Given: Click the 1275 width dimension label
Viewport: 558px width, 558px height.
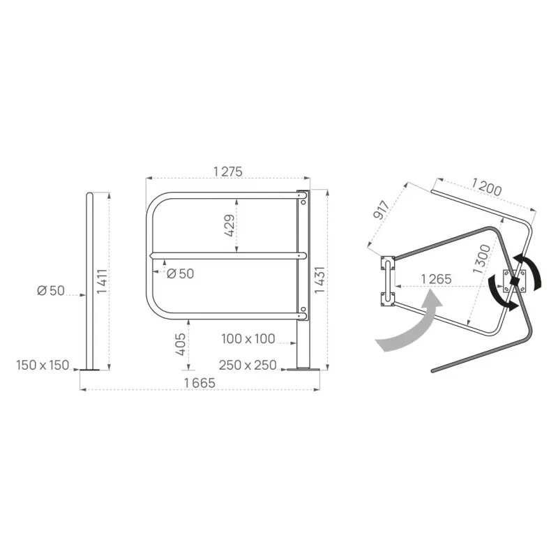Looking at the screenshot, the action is click(x=228, y=172).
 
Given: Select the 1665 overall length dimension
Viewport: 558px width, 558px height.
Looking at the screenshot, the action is click(x=199, y=383).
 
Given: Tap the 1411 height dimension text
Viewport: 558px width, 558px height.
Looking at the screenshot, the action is click(x=102, y=281).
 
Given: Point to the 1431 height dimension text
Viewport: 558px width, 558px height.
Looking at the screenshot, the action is click(x=320, y=280).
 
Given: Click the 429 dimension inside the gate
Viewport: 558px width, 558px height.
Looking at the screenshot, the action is click(x=229, y=225).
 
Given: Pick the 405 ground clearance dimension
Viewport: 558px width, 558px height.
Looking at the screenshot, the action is click(x=181, y=344).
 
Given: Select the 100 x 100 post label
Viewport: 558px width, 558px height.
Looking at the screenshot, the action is click(x=248, y=339).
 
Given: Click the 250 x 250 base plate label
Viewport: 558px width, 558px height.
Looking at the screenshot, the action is click(x=248, y=365).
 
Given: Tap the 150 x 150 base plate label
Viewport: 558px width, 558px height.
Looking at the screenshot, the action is click(x=43, y=365).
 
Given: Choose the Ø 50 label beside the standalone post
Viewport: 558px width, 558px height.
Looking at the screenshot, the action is click(x=51, y=291).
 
